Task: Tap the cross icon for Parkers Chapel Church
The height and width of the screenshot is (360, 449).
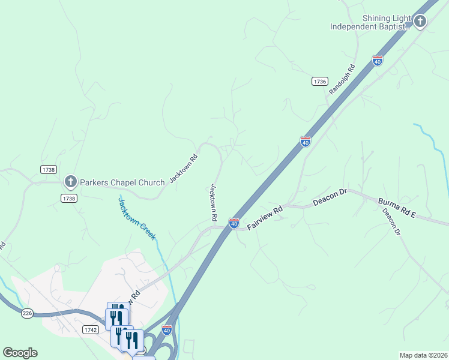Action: pyautogui.click(x=70, y=181)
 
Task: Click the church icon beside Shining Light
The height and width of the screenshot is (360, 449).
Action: pyautogui.click(x=420, y=22)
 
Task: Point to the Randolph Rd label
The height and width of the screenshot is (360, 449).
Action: pyautogui.click(x=343, y=79)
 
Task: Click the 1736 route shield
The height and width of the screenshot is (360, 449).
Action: pyautogui.click(x=320, y=81)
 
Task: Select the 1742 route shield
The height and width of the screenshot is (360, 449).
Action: pyautogui.click(x=91, y=330)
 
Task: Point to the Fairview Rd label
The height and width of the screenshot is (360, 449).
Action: pyautogui.click(x=265, y=218)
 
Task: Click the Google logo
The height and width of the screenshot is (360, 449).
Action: pyautogui.click(x=20, y=353)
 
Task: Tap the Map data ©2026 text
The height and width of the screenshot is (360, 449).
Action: pyautogui.click(x=423, y=355)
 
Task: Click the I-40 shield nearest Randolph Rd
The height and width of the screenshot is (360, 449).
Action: pyautogui.click(x=377, y=61)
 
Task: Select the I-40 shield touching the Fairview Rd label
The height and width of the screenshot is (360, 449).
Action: pyautogui.click(x=234, y=223)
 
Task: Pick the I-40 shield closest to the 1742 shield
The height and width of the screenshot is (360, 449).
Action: pyautogui.click(x=167, y=329)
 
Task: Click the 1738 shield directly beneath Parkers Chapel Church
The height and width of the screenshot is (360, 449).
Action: pyautogui.click(x=69, y=199)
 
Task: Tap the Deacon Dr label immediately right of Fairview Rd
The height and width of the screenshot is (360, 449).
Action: pyautogui.click(x=330, y=198)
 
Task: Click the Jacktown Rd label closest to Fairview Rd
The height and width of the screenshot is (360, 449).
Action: pyautogui.click(x=213, y=200)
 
